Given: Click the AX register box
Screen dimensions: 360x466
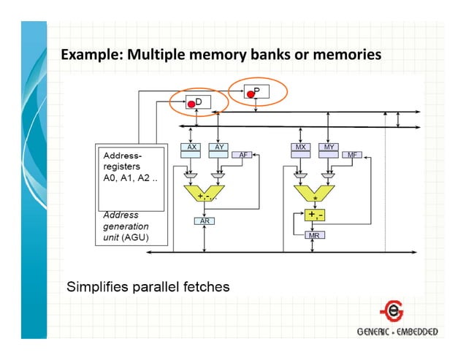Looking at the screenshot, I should point(191,147).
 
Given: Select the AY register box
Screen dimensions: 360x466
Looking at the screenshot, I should point(218,147).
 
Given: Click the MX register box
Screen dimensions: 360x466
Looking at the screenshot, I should point(300,147).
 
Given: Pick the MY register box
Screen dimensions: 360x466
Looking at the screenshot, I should point(328,147).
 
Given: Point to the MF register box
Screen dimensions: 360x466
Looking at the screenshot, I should point(352,155).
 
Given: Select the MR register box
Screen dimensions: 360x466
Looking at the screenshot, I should point(315,235).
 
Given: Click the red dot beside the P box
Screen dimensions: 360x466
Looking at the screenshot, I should point(249,93).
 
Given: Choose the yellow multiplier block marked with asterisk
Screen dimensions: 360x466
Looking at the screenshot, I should point(315,193).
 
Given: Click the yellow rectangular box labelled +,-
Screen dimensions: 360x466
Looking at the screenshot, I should point(315,215).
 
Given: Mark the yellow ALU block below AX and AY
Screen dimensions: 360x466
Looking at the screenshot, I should point(204,193).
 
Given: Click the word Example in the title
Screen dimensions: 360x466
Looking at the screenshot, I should point(84,55).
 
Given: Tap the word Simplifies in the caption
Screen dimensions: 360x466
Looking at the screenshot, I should point(99,286).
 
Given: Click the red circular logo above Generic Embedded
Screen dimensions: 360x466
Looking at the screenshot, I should point(395,311).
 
